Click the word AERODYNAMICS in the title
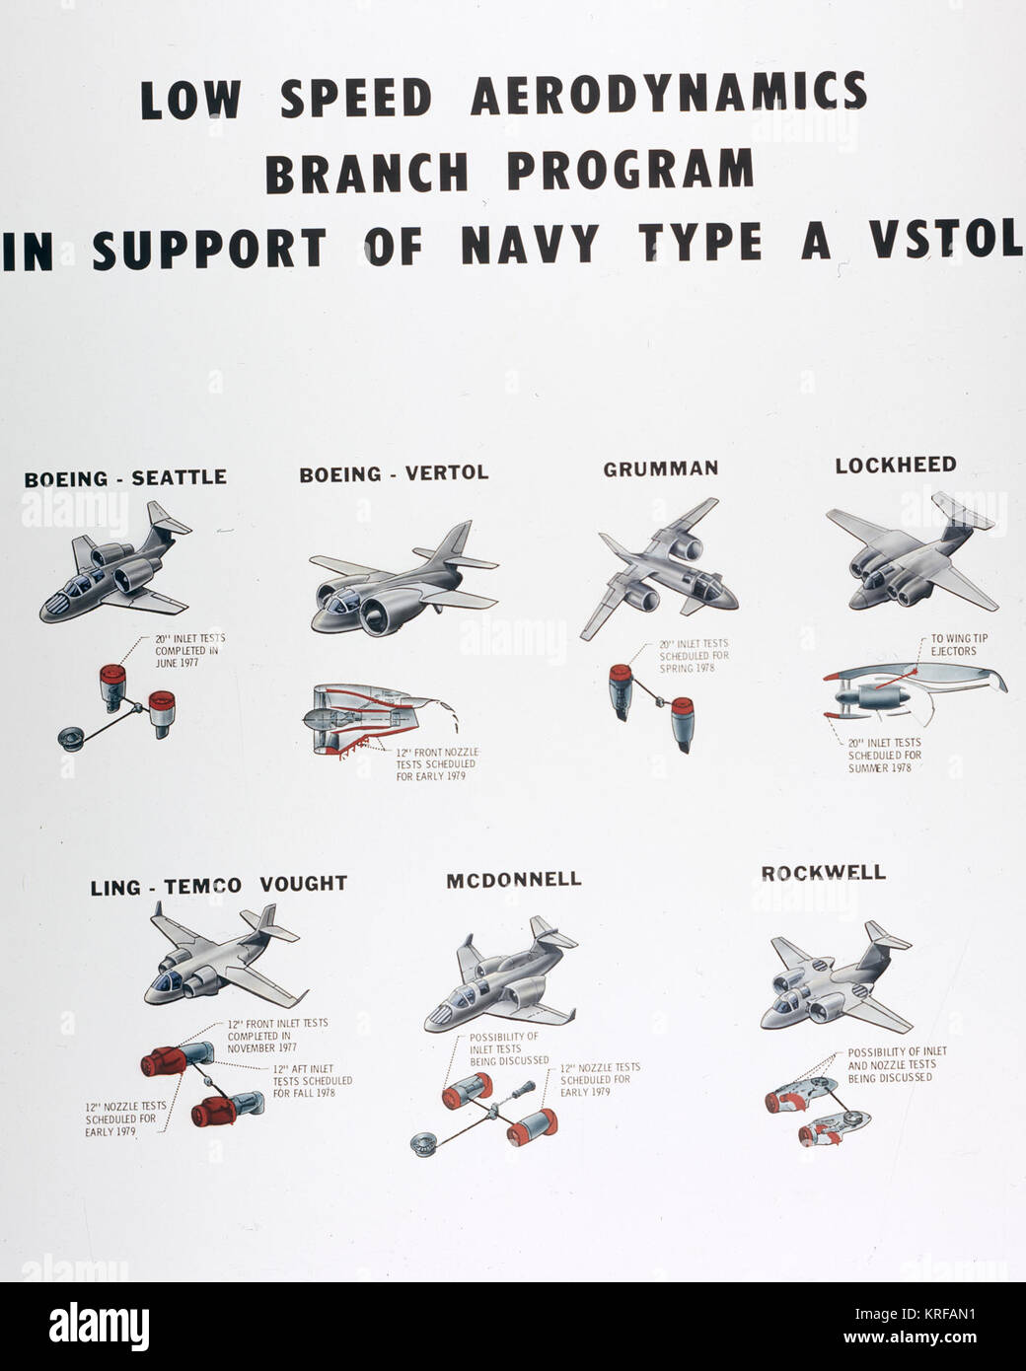tap(669, 96)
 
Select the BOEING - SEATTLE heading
tap(125, 478)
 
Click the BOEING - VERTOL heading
tap(394, 473)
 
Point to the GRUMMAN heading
tap(661, 469)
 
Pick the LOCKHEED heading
tap(896, 465)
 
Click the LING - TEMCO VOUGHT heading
tap(218, 886)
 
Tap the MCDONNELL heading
tap(514, 880)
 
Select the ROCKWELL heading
tap(824, 873)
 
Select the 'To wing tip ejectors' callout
tap(959, 645)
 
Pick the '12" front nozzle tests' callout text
tap(436, 764)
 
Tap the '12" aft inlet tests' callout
tap(312, 1081)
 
